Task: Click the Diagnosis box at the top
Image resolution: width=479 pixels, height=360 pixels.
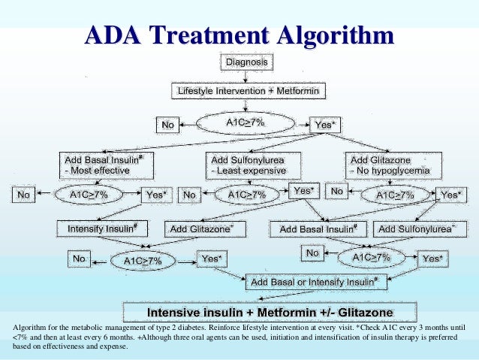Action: click(x=246, y=62)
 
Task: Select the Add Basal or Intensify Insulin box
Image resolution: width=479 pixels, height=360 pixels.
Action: click(x=315, y=282)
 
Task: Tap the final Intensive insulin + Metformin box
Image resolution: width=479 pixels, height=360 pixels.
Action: click(x=269, y=310)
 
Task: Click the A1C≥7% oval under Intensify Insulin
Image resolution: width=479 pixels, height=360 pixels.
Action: click(x=140, y=260)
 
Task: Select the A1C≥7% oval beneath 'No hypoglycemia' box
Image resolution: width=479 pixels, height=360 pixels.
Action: click(x=394, y=195)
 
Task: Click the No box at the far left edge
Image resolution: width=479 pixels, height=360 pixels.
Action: click(x=24, y=195)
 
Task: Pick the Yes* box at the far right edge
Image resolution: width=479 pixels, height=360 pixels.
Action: click(x=450, y=195)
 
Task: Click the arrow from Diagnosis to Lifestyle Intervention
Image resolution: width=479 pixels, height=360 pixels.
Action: click(x=246, y=75)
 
